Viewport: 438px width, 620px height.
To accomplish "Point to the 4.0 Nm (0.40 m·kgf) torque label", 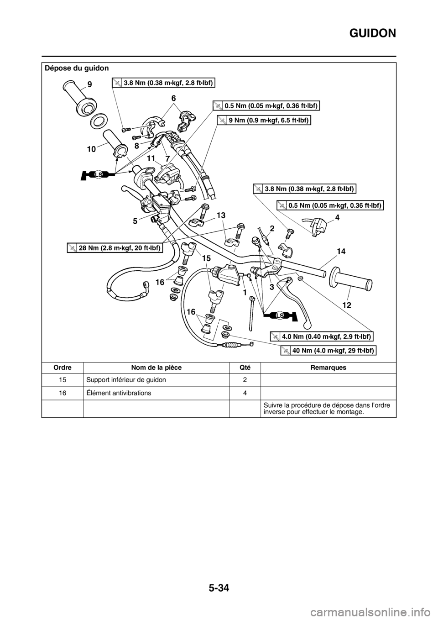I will coord(322,336).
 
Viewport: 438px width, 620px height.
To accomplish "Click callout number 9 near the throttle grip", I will coord(89,84).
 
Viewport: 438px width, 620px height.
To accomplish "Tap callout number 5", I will coord(135,221).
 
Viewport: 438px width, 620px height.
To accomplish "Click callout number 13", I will coord(221,215).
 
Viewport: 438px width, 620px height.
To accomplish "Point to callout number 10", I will coord(91,149).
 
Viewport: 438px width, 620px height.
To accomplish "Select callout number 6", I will coord(173,98).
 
